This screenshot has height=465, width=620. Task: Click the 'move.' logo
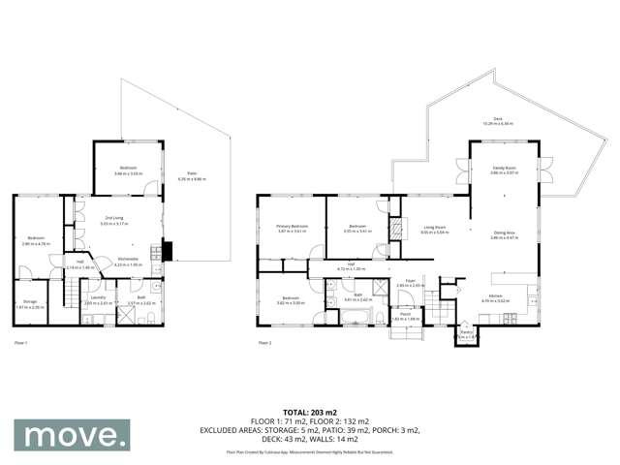click(x=71, y=435)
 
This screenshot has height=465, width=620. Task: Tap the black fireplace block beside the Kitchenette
click(x=168, y=251)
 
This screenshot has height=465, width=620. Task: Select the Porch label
click(x=404, y=315)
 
